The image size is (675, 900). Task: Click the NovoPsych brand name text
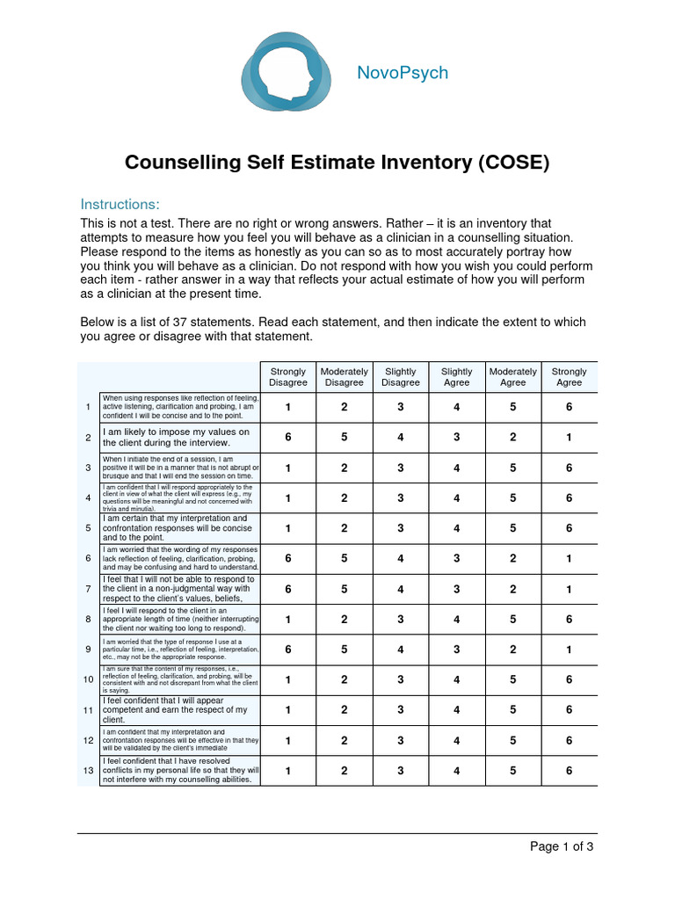click(402, 73)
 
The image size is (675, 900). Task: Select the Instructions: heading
click(120, 204)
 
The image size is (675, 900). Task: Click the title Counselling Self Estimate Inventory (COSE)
click(337, 163)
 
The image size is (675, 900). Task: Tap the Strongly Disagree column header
click(288, 377)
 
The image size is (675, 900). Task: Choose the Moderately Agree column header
click(512, 377)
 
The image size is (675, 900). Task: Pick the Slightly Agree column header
click(456, 377)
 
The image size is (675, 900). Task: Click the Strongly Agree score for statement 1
click(569, 407)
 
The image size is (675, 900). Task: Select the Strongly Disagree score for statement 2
click(288, 438)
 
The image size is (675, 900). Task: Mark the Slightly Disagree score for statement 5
click(401, 528)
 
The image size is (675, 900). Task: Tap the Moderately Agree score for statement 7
click(512, 589)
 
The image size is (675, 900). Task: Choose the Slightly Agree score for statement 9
click(456, 650)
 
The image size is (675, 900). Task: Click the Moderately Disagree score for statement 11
click(345, 710)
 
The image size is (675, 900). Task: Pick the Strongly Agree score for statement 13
click(569, 771)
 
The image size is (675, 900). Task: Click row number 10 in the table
click(88, 680)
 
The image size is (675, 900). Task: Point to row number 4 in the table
click(88, 498)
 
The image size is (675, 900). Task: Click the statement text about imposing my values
click(177, 438)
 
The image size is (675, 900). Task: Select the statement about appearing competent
click(176, 710)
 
